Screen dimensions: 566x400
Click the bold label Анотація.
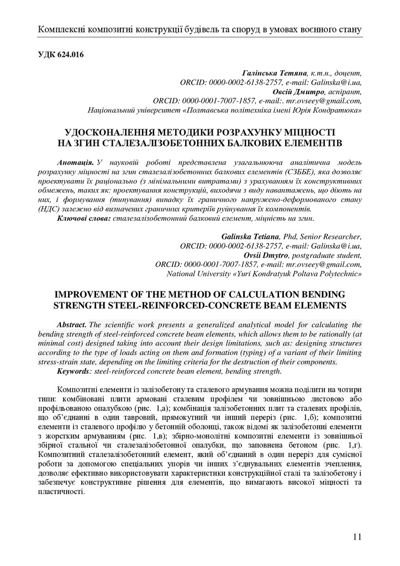(x=75, y=164)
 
